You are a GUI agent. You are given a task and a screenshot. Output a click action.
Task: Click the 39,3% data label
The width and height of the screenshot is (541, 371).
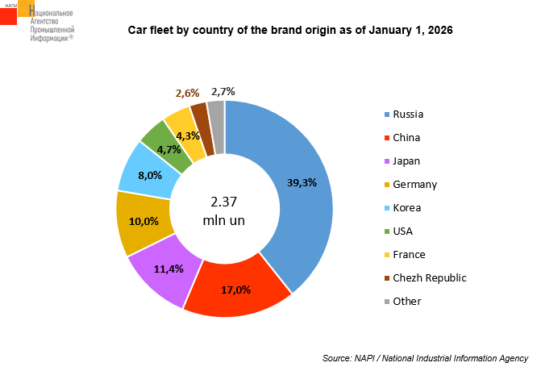click(302, 182)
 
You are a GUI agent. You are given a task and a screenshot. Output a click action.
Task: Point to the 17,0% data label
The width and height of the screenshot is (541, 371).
click(236, 289)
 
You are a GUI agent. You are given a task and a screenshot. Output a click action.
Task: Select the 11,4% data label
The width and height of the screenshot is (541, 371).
click(169, 268)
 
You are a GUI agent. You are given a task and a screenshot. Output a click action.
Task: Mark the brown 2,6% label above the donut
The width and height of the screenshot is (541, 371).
click(187, 94)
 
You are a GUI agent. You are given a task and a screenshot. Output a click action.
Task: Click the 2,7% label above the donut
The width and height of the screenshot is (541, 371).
click(223, 91)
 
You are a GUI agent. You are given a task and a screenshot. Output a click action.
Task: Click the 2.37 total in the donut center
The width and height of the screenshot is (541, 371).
click(224, 201)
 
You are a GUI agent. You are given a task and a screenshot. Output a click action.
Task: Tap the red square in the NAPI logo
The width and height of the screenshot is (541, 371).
click(8, 14)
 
